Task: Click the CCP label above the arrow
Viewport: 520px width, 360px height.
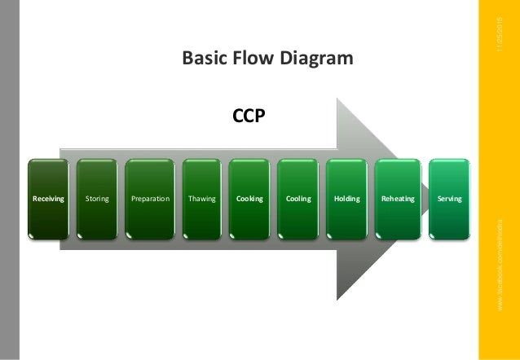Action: tap(248, 117)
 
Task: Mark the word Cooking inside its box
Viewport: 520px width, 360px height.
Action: tap(249, 198)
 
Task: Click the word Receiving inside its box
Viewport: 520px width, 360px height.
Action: tap(48, 198)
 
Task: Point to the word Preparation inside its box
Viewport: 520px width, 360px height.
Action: tap(150, 198)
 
